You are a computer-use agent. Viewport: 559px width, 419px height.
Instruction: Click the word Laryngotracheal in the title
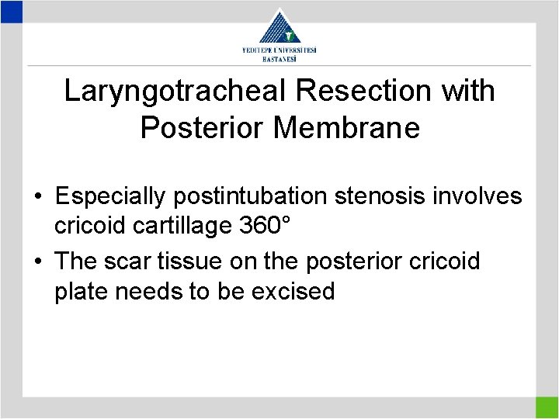(x=175, y=92)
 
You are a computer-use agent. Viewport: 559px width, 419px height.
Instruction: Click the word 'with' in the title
(x=467, y=92)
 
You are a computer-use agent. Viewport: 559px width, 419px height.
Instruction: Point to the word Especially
(x=109, y=198)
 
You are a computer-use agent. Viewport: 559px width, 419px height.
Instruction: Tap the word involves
(x=481, y=198)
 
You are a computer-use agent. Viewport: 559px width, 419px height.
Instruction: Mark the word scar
(x=137, y=262)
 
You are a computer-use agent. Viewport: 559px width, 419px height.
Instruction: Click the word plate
(x=82, y=292)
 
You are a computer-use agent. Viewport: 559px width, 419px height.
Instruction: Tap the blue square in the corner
(x=11, y=11)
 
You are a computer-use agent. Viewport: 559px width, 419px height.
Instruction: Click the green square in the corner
(x=547, y=407)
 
